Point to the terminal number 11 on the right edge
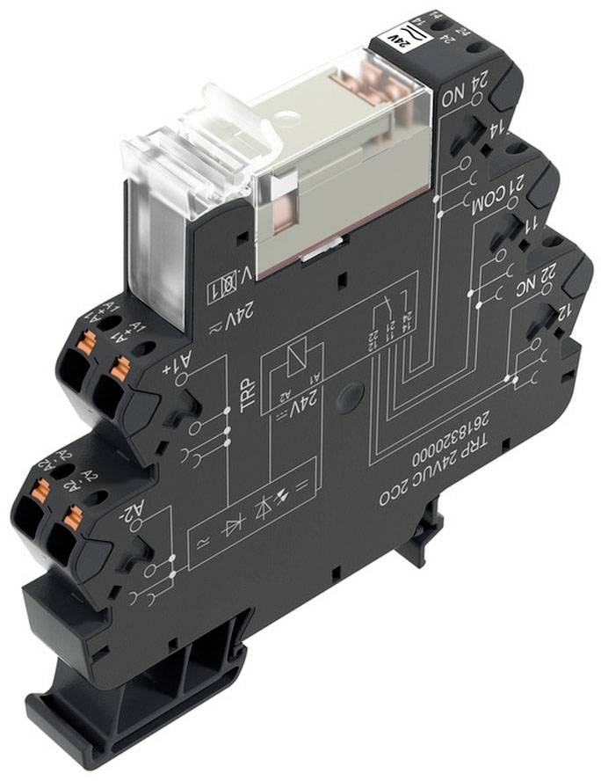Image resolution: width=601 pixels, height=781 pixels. (x=531, y=222)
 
